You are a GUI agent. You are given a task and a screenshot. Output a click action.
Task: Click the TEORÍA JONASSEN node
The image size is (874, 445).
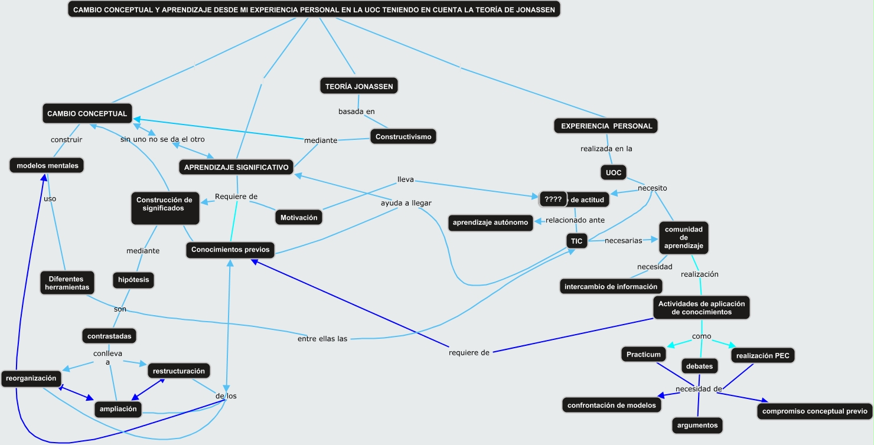(x=359, y=86)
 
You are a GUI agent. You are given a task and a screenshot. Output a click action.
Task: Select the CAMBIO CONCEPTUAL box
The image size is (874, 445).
(x=87, y=114)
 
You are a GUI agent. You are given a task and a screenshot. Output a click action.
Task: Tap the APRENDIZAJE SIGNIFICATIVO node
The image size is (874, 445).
(x=236, y=168)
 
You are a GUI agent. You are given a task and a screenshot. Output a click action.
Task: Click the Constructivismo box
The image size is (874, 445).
(x=403, y=137)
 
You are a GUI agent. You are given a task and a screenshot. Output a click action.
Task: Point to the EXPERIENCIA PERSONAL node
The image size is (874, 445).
(x=606, y=126)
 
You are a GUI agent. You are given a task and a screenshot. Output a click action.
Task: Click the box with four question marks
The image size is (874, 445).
(x=553, y=199)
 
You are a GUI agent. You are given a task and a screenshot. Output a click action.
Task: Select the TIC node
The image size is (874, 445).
(x=576, y=241)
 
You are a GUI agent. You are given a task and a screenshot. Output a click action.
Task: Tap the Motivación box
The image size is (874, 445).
(x=299, y=217)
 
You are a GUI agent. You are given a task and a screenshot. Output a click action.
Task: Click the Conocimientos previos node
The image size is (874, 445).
(x=230, y=250)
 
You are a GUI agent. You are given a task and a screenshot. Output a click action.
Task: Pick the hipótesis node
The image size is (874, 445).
(x=133, y=280)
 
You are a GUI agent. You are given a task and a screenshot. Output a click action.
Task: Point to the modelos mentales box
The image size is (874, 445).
(x=47, y=166)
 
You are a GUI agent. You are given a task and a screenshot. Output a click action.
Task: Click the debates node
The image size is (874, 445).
(x=699, y=366)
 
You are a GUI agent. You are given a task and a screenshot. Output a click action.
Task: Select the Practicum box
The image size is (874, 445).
(x=643, y=354)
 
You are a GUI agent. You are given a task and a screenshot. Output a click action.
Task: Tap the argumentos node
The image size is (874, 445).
(x=697, y=425)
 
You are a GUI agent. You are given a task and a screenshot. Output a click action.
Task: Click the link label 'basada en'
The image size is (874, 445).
(x=356, y=112)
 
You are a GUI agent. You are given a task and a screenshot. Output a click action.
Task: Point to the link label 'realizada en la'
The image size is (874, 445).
(x=606, y=149)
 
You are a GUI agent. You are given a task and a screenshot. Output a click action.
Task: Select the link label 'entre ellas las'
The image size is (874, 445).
(x=322, y=339)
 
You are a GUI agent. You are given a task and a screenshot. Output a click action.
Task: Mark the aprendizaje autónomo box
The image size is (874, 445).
(x=491, y=223)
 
